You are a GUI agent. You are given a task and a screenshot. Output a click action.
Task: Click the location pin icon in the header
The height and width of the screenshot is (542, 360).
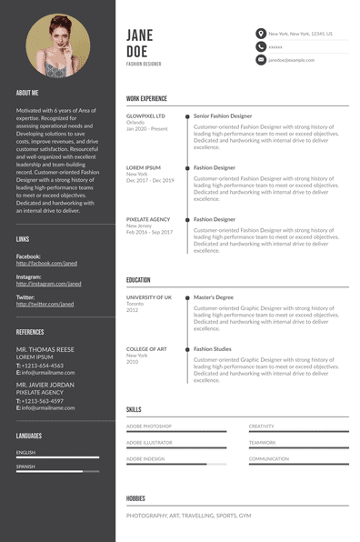(x=261, y=34)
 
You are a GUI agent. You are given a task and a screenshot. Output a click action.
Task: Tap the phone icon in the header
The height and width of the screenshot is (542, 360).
(x=261, y=46)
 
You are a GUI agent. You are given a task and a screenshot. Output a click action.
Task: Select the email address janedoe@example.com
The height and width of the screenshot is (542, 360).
(x=291, y=59)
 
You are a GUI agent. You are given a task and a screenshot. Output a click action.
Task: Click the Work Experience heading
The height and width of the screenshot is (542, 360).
(x=146, y=97)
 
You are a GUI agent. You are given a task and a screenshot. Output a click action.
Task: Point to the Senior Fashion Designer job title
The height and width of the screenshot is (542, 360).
(x=223, y=116)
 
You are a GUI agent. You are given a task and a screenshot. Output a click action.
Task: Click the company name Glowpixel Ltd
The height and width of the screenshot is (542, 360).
(x=145, y=116)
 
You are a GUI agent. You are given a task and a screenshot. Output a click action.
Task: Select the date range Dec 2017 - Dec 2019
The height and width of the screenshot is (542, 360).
(x=150, y=180)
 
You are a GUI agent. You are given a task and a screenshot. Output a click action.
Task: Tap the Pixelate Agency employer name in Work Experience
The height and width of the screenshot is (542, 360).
(x=148, y=219)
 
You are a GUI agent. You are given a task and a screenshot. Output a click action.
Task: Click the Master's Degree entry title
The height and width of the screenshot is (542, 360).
(x=214, y=297)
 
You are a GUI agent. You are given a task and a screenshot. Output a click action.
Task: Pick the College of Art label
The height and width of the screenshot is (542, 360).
(x=146, y=349)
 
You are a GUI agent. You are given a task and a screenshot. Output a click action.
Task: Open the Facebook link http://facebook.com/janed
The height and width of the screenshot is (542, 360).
(x=47, y=263)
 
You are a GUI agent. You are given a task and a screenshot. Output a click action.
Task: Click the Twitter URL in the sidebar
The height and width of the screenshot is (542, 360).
(x=45, y=304)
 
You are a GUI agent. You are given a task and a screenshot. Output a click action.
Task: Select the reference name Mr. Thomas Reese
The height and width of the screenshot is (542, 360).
(x=45, y=349)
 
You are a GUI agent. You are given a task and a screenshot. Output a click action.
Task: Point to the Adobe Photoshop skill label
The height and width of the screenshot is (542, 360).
(x=149, y=426)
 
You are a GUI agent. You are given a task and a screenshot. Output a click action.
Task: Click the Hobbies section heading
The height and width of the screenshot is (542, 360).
(x=135, y=498)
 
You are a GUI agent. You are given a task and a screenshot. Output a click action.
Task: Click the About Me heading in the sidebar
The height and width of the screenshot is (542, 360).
(x=27, y=93)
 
